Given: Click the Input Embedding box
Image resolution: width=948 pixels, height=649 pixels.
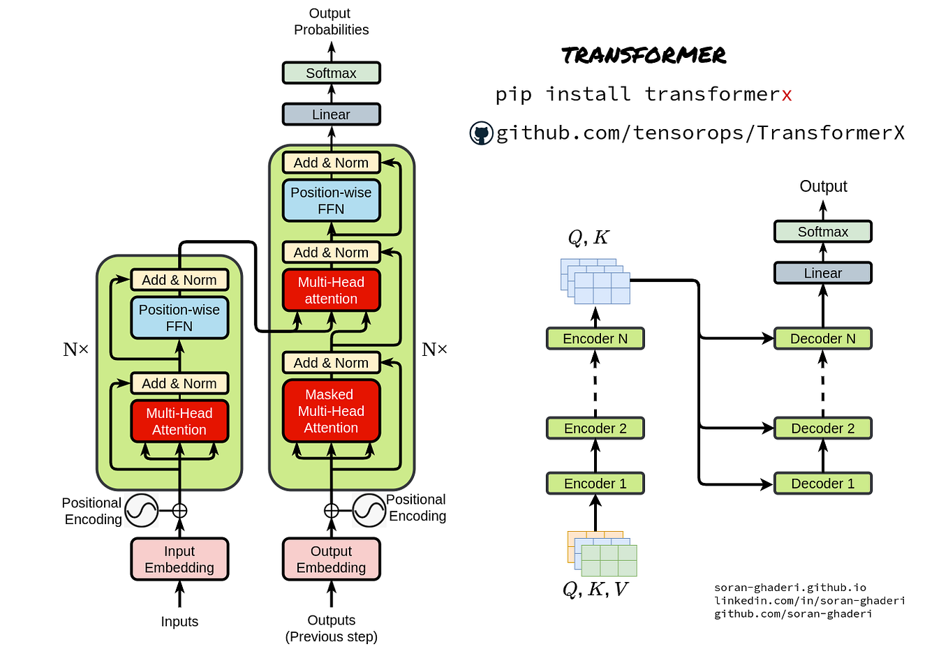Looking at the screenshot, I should point(179,559).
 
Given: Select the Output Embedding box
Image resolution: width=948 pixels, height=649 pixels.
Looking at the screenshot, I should point(331,559).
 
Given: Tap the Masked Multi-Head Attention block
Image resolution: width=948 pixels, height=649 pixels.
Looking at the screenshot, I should point(331,411).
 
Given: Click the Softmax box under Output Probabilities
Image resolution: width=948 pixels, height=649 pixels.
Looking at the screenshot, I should point(331,73).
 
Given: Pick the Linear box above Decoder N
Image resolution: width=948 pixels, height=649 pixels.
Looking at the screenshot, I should point(822,273).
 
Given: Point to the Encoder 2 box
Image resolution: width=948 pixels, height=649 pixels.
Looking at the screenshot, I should point(595,428).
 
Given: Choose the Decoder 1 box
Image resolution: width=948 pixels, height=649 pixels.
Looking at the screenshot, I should point(822,483).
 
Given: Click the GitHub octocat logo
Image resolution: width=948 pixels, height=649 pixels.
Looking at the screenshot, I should point(481,133).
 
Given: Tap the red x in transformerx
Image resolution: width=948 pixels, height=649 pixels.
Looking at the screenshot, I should point(787,95).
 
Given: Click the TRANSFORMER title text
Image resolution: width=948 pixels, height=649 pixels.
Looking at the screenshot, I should point(644,55).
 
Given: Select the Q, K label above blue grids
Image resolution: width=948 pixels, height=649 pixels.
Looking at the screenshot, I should point(588,238).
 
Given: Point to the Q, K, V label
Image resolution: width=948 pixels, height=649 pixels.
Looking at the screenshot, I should point(595,590).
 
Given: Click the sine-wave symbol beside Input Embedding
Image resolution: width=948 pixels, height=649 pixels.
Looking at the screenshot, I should point(142,511).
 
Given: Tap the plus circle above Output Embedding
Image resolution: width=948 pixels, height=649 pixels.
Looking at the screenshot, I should point(331,511).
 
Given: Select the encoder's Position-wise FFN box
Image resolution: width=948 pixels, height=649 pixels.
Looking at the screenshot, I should point(179,318).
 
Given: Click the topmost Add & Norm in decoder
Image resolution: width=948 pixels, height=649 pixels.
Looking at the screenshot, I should point(331,163).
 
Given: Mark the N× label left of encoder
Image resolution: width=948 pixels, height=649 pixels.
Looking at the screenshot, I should point(76,350).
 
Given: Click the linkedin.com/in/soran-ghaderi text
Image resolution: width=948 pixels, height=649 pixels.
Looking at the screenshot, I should point(809,600).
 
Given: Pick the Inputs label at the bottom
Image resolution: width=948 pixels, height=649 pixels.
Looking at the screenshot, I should point(179,621).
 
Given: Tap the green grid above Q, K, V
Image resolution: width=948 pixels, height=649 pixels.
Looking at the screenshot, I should point(609,560).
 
